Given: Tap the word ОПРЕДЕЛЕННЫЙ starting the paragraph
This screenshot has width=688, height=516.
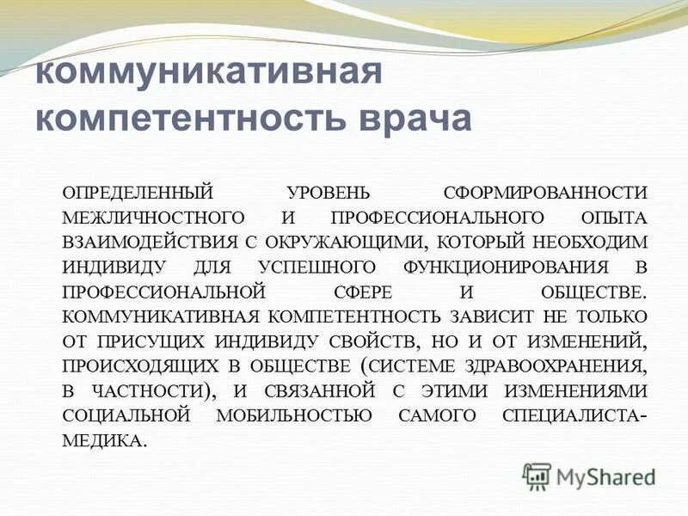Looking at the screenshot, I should (x=136, y=192).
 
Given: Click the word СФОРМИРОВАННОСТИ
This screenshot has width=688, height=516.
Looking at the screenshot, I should (x=546, y=192).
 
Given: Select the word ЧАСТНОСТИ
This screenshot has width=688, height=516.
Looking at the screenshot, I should (x=145, y=391).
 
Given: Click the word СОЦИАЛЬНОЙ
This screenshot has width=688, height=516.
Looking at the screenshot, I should (x=126, y=416).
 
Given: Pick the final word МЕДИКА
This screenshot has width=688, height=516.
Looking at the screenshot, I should (x=102, y=441).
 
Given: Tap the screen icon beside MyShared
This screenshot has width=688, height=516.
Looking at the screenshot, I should (x=536, y=475).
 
